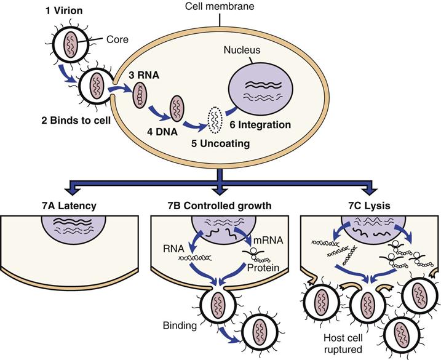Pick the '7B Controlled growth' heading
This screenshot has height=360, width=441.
220,204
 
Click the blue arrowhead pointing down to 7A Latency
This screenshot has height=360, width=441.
73,189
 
